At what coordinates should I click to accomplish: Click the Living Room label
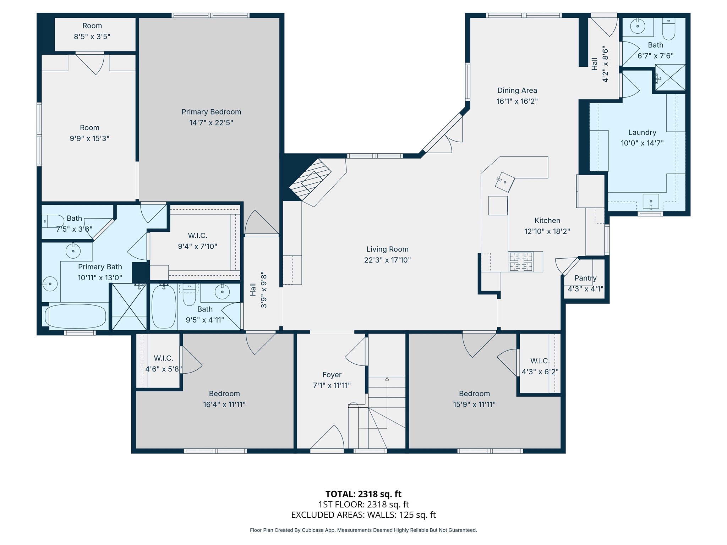387,249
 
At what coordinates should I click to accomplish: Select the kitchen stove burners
521,262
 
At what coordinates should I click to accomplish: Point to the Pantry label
585,278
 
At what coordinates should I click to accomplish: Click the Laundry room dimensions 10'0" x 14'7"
642,143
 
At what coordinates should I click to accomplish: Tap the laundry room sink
651,202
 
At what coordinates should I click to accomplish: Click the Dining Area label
517,90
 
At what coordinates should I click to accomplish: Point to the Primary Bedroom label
211,112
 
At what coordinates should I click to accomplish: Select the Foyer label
332,375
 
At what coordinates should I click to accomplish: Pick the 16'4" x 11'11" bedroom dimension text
224,404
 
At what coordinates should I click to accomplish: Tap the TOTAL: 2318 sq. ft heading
363,494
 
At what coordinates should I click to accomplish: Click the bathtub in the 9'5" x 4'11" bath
164,307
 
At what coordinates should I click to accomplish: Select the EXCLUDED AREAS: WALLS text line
363,515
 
